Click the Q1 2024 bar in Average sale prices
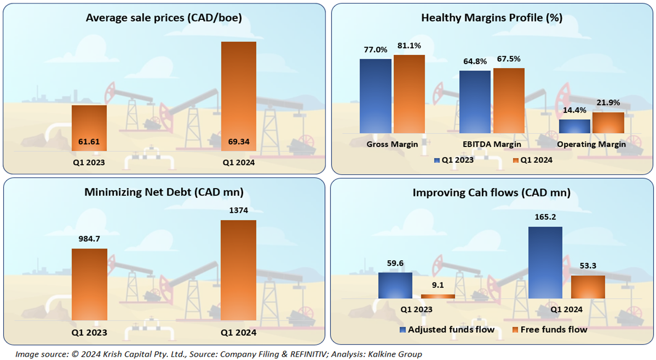[x=238, y=95]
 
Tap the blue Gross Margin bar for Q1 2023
[x=375, y=96]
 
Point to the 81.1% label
[x=409, y=46]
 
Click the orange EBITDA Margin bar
[x=509, y=100]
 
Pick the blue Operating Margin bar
[x=574, y=126]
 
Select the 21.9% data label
[x=608, y=102]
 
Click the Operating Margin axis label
[x=591, y=145]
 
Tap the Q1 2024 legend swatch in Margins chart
[x=515, y=160]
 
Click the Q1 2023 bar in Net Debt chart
[x=89, y=284]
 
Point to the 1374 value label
[x=238, y=210]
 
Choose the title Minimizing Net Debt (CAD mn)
[x=164, y=192]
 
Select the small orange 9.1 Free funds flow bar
[x=437, y=296]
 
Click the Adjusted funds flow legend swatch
[x=403, y=330]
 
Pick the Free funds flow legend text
[x=554, y=330]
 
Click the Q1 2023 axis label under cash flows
[x=416, y=310]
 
